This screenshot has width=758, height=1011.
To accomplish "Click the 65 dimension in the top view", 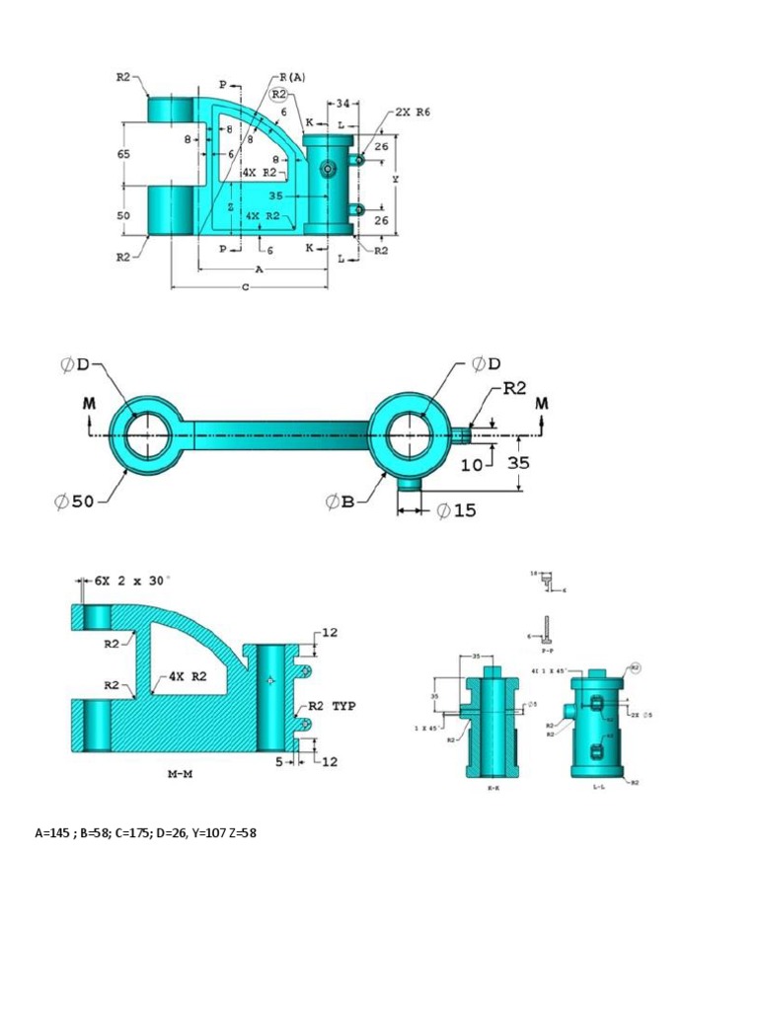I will (x=123, y=154).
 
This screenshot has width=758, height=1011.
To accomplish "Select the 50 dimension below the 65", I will (x=123, y=215).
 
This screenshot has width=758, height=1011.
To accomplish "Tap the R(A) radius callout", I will (x=292, y=77).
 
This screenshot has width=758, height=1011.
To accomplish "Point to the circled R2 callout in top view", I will (x=278, y=95).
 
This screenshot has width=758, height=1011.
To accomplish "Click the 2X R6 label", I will (x=413, y=113).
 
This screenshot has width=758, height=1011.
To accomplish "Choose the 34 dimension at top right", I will (x=342, y=103).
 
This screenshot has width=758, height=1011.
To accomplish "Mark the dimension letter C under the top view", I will (x=245, y=287).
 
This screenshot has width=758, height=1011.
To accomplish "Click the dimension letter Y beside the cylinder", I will (x=395, y=180).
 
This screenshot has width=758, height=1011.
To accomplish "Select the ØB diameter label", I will (x=340, y=503).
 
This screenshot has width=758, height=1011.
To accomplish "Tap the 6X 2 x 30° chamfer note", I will (x=133, y=581).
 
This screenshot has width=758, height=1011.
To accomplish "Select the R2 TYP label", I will (x=330, y=707).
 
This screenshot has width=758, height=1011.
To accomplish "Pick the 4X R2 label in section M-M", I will (x=188, y=676).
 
